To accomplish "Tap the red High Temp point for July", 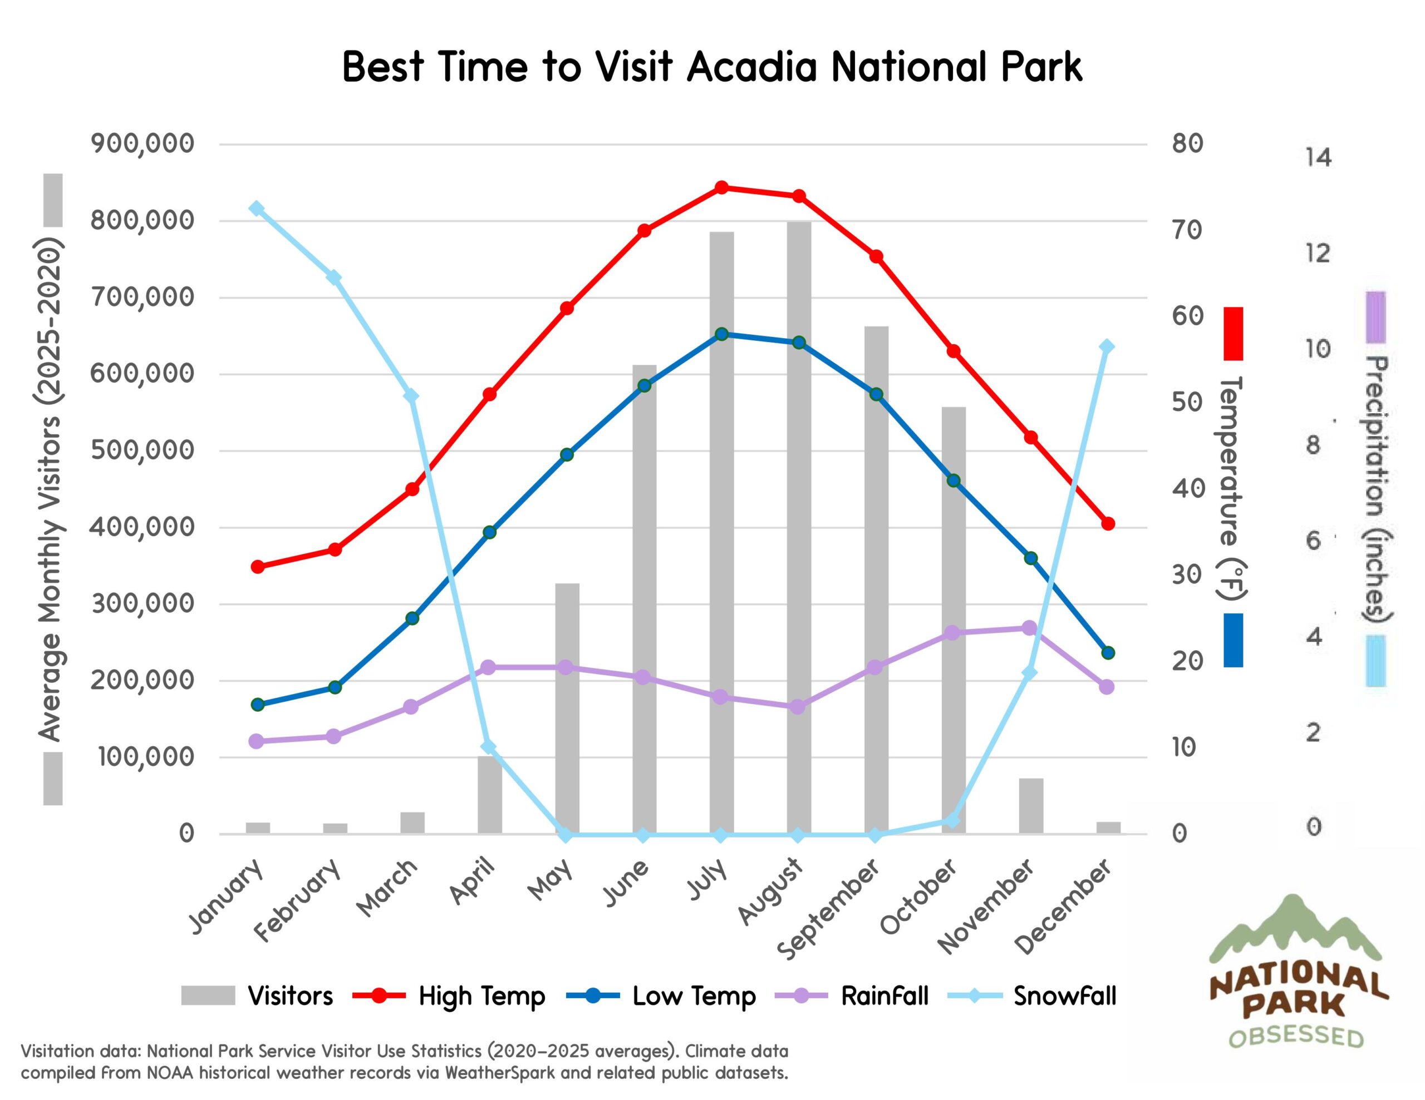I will [721, 188].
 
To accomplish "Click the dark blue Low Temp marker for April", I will [490, 532].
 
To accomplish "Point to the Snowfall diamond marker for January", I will [257, 209].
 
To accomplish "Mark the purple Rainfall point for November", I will [1029, 628].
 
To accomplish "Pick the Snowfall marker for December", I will [1107, 346].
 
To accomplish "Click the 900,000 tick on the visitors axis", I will [143, 143].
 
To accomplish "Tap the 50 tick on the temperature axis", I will [1187, 402].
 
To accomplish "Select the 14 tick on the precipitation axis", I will [1318, 158].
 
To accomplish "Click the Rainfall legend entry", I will [884, 995].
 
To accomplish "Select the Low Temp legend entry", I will [694, 995].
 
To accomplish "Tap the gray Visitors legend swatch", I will [208, 995].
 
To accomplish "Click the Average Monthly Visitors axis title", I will [50, 489].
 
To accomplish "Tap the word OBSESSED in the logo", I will [1296, 1037].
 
